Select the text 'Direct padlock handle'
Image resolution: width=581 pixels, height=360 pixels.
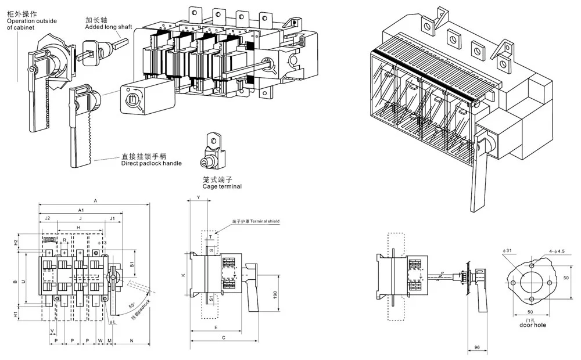(x=151, y=163)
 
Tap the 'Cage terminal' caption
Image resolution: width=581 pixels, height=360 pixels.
(x=221, y=186)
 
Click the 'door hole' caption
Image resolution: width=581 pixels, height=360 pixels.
(x=532, y=325)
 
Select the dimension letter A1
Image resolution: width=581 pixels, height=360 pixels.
(x=81, y=209)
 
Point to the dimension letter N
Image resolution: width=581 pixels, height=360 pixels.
(x=131, y=340)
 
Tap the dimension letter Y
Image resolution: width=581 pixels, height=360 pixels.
(x=199, y=198)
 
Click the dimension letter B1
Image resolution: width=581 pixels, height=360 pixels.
(x=132, y=265)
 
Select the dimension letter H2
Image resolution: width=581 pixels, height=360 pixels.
(x=16, y=242)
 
